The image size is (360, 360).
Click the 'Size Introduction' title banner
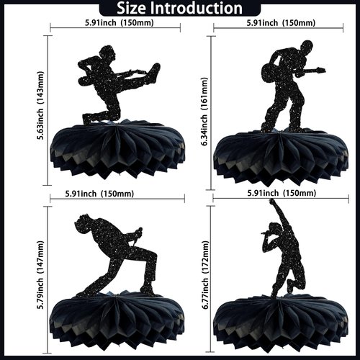[x=180, y=9]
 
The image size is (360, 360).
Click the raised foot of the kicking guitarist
[x=154, y=69]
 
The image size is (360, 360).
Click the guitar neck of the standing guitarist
[x=310, y=71]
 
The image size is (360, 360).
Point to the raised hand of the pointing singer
[x=272, y=203]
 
